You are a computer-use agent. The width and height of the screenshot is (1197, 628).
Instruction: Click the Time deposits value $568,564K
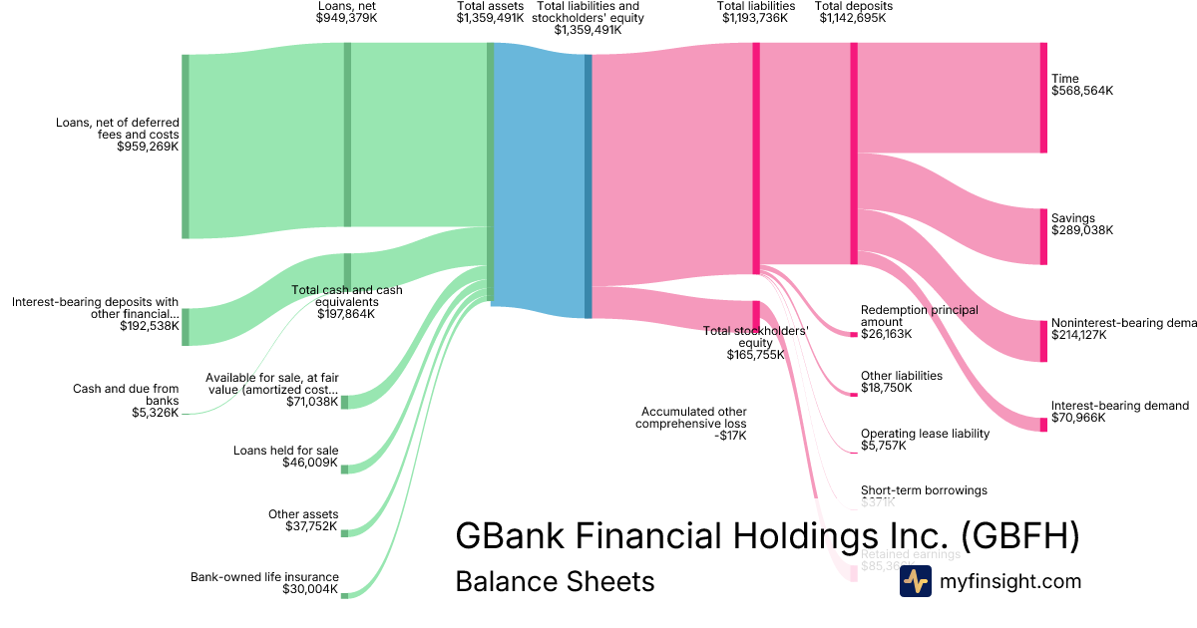pos(1081,91)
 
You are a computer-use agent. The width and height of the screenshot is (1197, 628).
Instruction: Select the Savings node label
pos(1072,218)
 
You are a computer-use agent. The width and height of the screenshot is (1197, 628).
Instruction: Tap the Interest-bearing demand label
pos(1119,406)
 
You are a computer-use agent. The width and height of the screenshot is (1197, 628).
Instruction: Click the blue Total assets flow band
pos(539,179)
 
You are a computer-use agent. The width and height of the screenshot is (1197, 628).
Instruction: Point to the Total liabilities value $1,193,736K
pos(755,18)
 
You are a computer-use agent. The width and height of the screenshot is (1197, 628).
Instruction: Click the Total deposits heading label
pos(854,6)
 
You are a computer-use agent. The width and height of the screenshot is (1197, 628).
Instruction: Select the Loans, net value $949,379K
pos(346,18)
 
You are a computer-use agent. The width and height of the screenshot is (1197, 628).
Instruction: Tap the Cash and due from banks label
pos(126,395)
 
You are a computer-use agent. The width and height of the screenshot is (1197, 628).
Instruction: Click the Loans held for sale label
pos(285,451)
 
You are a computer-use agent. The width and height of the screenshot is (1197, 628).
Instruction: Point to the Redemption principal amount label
pos(920,316)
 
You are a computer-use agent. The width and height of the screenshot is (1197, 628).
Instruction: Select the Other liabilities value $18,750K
pos(886,388)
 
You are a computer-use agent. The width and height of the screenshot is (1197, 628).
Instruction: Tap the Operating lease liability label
pos(925,434)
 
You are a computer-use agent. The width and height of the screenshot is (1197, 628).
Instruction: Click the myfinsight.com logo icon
pos(915,581)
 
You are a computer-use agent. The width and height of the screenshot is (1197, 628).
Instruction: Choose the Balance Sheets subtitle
pos(555,581)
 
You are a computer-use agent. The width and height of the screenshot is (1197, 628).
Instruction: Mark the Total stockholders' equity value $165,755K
pos(755,354)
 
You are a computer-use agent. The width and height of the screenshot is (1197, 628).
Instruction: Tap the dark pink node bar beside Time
pos(1043,98)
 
